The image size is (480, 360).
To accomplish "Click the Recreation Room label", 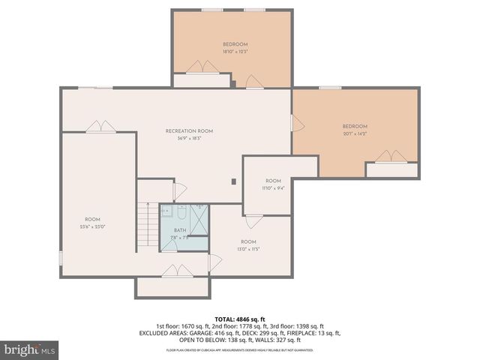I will (x=189, y=131).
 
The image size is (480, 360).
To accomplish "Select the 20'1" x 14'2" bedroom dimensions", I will (x=355, y=135).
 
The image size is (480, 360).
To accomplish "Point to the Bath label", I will (x=180, y=230).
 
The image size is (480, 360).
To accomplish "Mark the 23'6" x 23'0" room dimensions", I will (x=92, y=226).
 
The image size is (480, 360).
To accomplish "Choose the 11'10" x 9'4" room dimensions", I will (x=273, y=189).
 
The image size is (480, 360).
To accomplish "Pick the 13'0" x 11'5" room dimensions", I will (x=249, y=249).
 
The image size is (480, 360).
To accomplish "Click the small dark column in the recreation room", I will (x=234, y=181).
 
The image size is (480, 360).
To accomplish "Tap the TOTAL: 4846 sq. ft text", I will (x=240, y=319).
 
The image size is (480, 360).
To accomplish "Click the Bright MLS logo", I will (x=30, y=349).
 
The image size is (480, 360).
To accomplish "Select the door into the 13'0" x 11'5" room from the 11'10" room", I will (x=253, y=221).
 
